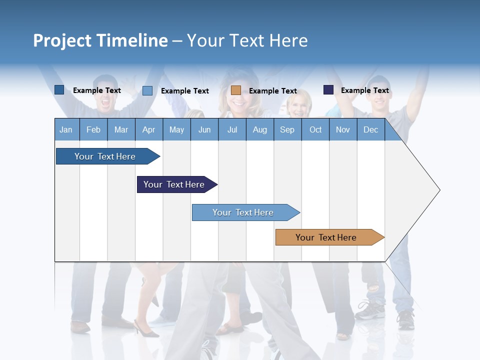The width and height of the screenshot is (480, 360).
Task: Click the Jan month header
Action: pos(66,129)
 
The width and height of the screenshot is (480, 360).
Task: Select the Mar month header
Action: pos(121,129)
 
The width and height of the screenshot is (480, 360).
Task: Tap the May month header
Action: pos(176,129)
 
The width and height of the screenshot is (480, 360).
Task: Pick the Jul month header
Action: pos(232,129)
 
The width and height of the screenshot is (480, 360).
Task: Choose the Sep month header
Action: pos(287,129)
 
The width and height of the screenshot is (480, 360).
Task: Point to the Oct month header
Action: pos(315,129)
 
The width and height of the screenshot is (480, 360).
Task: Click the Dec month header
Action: pos(370,129)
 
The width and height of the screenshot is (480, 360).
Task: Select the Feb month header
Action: pos(93,129)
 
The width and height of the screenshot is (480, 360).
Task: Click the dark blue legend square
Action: pos(59,90)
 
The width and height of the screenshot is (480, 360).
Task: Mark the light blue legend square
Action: pos(147,90)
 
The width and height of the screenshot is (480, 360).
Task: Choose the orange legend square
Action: pos(236,90)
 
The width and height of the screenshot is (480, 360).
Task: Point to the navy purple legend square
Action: pos(328,90)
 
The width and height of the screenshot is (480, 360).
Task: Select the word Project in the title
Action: pos(62,40)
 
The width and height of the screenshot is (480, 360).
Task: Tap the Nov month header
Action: pos(343,129)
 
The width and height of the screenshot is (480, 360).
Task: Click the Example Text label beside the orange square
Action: pos(273,91)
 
